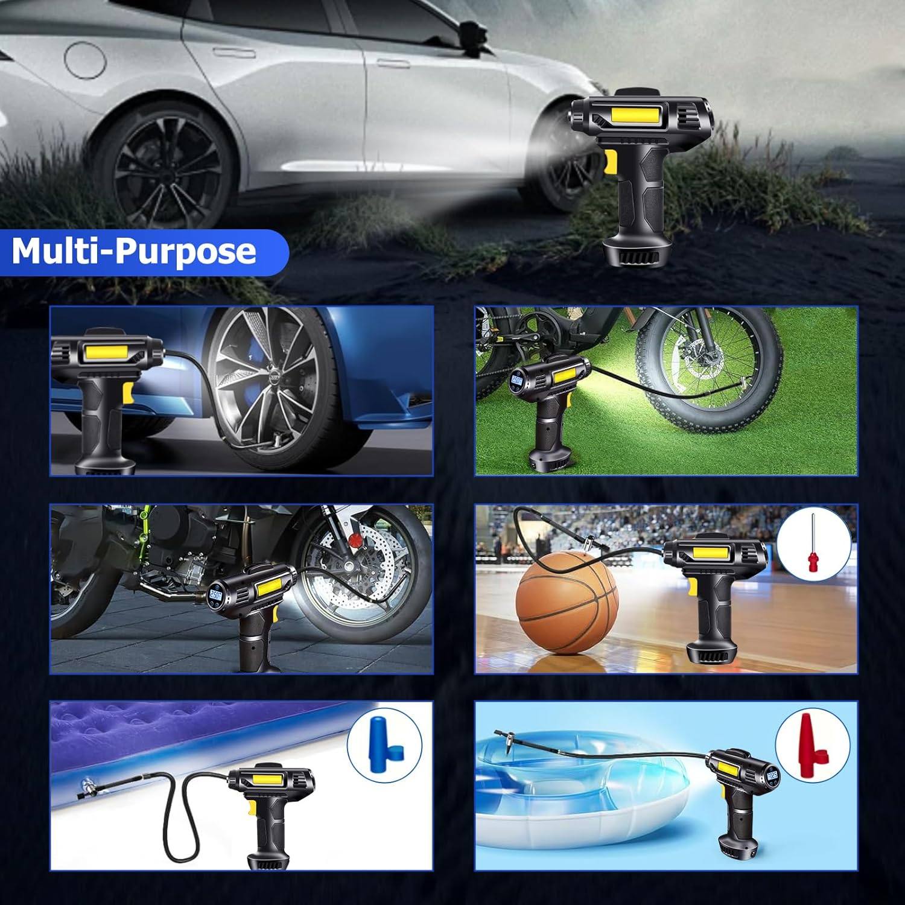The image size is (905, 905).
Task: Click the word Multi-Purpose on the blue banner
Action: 134,251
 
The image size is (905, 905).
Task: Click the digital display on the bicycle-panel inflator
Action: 516,381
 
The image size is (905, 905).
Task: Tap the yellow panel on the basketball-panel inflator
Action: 713,553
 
